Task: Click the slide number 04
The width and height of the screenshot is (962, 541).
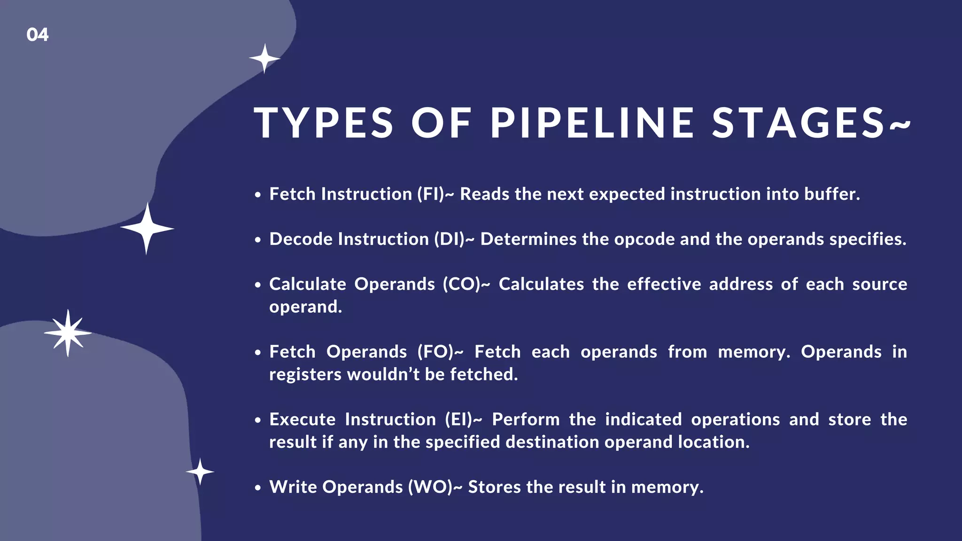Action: (38, 35)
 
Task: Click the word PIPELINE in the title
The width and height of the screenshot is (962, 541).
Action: (592, 123)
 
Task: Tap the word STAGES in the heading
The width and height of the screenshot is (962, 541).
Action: (799, 123)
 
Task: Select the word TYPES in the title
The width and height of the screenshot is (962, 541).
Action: (324, 123)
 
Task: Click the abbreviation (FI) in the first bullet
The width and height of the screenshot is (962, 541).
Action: (430, 194)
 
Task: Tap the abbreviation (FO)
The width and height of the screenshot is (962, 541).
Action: (435, 352)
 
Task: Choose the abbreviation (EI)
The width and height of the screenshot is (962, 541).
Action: (458, 419)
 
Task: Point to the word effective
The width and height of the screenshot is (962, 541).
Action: (664, 284)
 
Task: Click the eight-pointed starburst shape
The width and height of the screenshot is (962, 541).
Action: (68, 333)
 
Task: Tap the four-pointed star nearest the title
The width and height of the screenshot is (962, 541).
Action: (264, 59)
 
